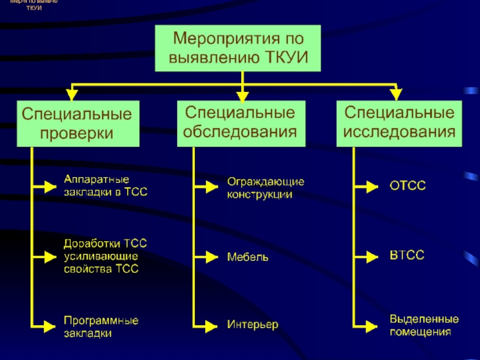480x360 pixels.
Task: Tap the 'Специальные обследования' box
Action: (x=240, y=122)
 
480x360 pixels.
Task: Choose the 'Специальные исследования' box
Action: (x=398, y=122)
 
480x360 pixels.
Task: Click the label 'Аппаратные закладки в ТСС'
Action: (x=105, y=186)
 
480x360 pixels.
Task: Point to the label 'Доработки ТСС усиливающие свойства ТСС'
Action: (x=105, y=256)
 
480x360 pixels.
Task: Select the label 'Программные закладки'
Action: (x=101, y=326)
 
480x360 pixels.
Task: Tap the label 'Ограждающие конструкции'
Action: (x=265, y=188)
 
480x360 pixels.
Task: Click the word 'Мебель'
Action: (x=247, y=257)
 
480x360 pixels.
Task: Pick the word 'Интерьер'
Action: (x=252, y=325)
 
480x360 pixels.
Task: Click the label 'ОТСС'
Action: (x=408, y=187)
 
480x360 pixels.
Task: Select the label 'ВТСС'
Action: (x=407, y=256)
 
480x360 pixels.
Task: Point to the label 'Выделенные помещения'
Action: (x=424, y=325)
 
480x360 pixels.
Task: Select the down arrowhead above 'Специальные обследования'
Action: (x=242, y=94)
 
